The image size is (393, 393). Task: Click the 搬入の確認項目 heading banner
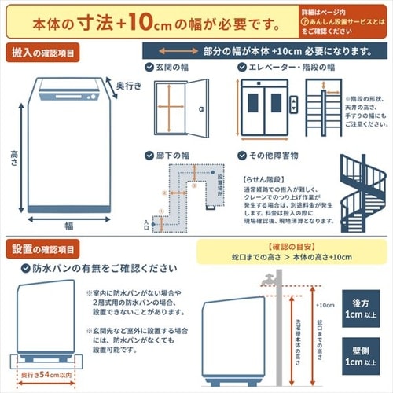[44, 53]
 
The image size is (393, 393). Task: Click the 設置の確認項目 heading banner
[44, 250]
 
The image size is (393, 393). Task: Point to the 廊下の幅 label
[173, 156]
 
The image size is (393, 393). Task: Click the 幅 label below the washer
[69, 225]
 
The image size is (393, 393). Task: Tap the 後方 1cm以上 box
[361, 309]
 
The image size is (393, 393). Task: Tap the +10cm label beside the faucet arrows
[323, 305]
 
